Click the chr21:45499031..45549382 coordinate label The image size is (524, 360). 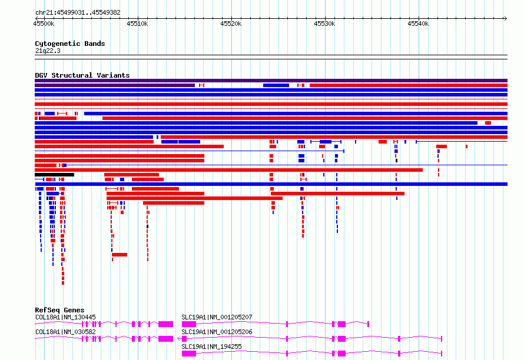[x=78, y=13]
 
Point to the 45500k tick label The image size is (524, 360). [x=44, y=24]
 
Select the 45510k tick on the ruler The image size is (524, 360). [x=137, y=24]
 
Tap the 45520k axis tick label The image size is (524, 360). [x=231, y=24]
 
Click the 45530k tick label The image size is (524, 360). [x=324, y=24]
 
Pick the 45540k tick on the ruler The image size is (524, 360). [x=418, y=24]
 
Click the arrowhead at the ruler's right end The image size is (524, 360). [x=506, y=18]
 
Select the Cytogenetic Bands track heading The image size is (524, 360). [x=70, y=44]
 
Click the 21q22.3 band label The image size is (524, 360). [x=48, y=51]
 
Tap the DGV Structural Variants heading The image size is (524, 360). [x=82, y=75]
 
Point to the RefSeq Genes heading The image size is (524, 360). [x=59, y=310]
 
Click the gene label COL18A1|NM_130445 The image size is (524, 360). [x=65, y=317]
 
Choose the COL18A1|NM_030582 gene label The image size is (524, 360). [x=65, y=332]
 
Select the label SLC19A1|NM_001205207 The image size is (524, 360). [x=217, y=317]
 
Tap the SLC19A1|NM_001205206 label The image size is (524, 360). [x=217, y=332]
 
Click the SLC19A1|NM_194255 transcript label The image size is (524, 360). [x=211, y=346]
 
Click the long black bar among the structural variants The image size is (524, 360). [x=55, y=175]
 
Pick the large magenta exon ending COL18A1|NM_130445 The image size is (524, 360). [x=166, y=324]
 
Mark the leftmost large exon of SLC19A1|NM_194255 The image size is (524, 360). [x=189, y=354]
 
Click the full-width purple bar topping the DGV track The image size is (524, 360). [x=271, y=81]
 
